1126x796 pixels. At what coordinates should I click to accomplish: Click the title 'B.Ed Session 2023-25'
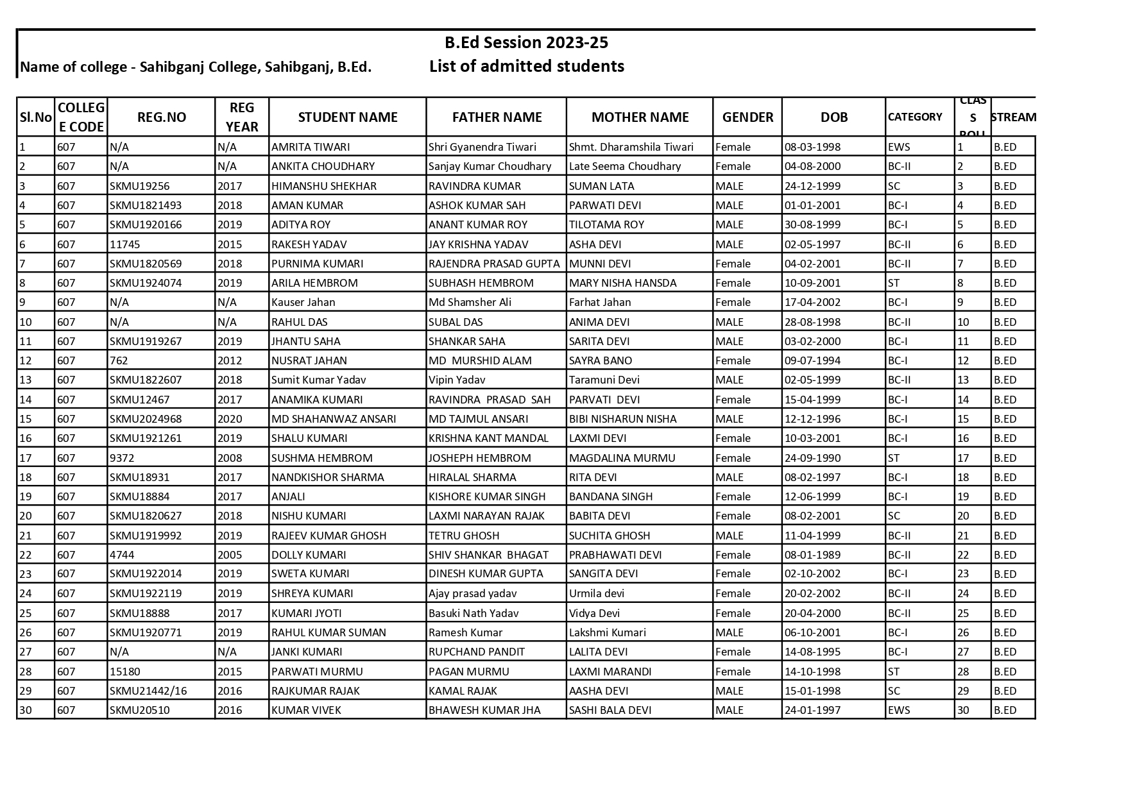click(526, 43)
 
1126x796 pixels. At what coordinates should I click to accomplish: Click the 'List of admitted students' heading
click(526, 66)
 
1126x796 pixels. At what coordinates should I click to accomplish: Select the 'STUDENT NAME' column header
click(347, 117)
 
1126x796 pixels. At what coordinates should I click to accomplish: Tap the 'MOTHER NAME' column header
click(640, 117)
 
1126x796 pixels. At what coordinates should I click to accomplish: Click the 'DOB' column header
click(833, 117)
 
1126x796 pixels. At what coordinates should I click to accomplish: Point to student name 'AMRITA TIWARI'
click(311, 147)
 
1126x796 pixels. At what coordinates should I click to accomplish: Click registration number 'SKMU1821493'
click(146, 205)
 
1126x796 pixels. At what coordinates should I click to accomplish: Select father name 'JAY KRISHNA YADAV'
click(479, 244)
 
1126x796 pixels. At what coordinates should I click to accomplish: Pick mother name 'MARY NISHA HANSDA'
click(622, 283)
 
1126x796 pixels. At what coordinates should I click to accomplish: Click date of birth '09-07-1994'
click(812, 360)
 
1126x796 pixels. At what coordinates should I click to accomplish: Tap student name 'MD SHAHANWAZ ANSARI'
click(334, 419)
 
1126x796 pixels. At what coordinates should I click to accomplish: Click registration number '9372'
click(122, 458)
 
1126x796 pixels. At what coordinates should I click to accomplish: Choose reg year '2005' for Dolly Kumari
click(230, 555)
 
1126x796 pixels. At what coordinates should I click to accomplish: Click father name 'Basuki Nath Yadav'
click(473, 613)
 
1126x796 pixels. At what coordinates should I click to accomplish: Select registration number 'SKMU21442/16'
click(148, 691)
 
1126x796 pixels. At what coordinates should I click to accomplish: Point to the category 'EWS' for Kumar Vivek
click(899, 710)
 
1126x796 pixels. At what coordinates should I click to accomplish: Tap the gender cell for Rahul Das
click(729, 322)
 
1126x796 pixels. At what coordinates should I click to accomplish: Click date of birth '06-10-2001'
click(812, 632)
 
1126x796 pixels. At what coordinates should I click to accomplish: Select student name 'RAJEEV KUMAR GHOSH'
click(328, 536)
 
